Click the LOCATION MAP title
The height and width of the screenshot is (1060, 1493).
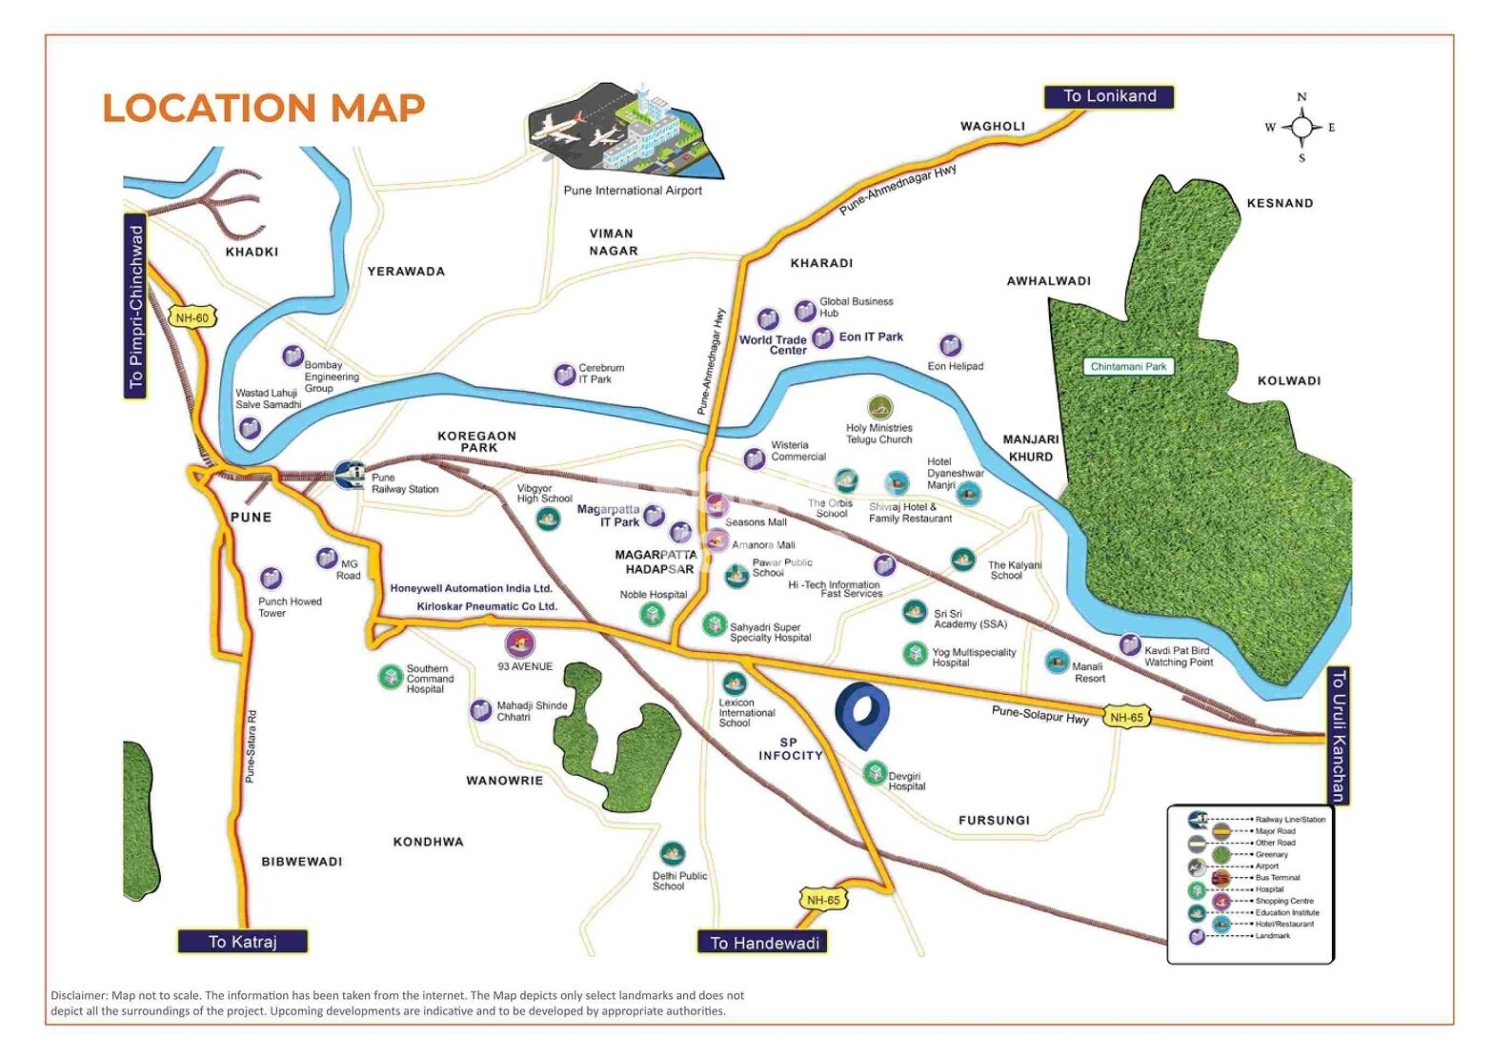[x=263, y=108]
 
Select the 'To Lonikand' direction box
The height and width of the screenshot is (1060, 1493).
[x=1109, y=96]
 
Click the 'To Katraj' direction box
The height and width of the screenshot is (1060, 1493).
[x=242, y=942]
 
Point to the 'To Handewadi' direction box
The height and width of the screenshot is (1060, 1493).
[x=763, y=943]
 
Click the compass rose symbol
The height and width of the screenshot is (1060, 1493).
[x=1301, y=127]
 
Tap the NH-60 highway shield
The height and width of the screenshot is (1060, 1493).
[x=192, y=317]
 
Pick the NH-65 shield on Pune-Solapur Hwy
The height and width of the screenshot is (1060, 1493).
[x=1126, y=717]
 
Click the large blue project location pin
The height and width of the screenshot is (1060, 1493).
[x=862, y=712]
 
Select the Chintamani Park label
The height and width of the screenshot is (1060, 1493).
[x=1128, y=367]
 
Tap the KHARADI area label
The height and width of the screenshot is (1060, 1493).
[x=821, y=263]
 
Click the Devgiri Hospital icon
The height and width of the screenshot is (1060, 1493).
[x=875, y=773]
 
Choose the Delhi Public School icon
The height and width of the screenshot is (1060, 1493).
[x=672, y=853]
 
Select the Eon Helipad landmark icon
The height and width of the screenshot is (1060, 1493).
[x=950, y=345]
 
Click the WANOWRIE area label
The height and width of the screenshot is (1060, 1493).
[x=504, y=781]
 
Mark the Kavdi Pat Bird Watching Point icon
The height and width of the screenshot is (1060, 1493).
[x=1129, y=645]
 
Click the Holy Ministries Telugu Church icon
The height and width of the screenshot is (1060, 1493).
[x=879, y=408]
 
